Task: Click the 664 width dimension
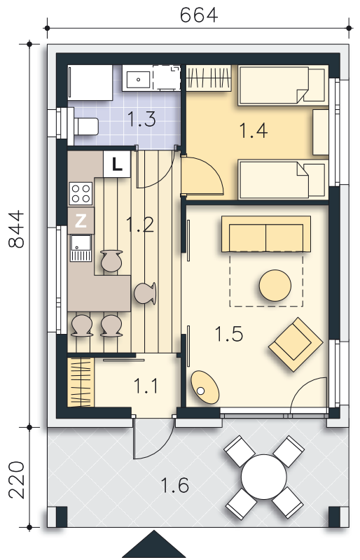(198, 15)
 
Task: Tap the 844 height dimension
(16, 230)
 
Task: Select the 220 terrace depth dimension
(16, 479)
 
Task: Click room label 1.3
(141, 119)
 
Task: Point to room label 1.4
(253, 130)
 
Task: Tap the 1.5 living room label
(229, 334)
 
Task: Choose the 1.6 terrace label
(174, 485)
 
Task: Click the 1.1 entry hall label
(146, 386)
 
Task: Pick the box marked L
(116, 164)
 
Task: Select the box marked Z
(81, 221)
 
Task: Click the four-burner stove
(81, 193)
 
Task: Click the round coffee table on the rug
(275, 286)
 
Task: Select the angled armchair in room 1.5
(296, 344)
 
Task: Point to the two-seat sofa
(266, 234)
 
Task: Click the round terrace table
(264, 477)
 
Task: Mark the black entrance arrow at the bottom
(153, 544)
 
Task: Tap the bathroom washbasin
(139, 78)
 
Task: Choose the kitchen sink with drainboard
(81, 248)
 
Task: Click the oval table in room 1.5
(205, 388)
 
